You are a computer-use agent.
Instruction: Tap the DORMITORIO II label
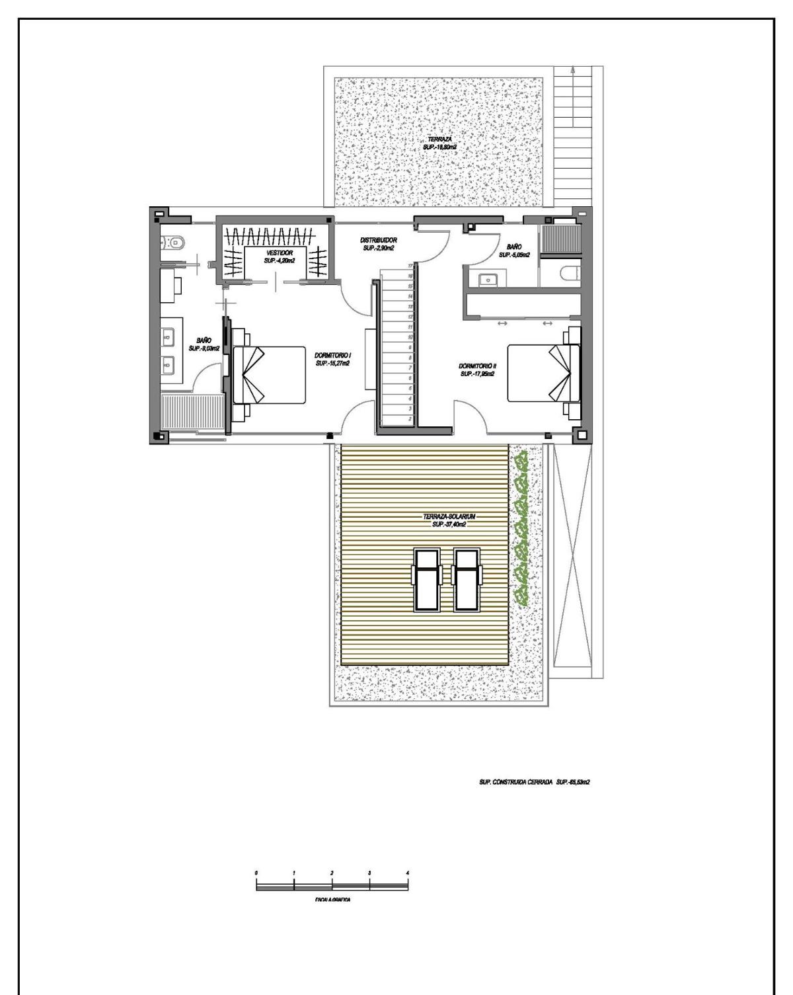pyautogui.click(x=478, y=370)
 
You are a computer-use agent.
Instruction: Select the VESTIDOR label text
pyautogui.click(x=280, y=257)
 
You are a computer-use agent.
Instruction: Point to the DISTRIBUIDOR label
pyautogui.click(x=378, y=244)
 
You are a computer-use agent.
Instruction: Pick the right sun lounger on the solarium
pyautogui.click(x=465, y=580)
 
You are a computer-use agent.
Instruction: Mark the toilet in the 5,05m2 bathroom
pyautogui.click(x=568, y=273)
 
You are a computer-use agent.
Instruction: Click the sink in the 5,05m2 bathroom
pyautogui.click(x=488, y=279)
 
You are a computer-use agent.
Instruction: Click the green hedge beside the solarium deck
pyautogui.click(x=523, y=529)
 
